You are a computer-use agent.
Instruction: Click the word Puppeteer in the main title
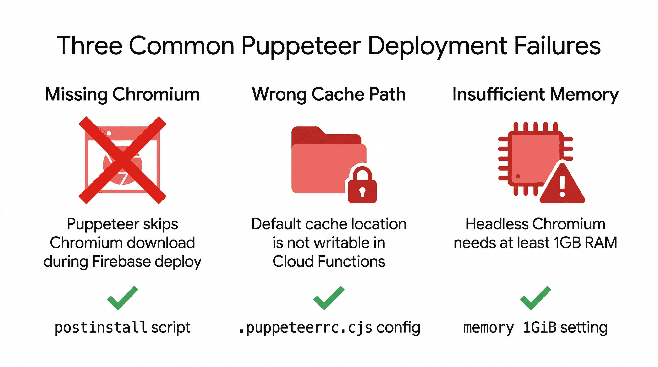(301, 46)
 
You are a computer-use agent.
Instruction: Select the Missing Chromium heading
(122, 94)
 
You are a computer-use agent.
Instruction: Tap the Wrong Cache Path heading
(329, 94)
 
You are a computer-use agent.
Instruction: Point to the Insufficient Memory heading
(535, 94)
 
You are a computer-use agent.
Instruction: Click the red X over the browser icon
(122, 160)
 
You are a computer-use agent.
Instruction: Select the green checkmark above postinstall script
(122, 298)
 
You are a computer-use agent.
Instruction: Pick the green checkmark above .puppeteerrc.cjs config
(329, 298)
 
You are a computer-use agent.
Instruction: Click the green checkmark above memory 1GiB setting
(535, 298)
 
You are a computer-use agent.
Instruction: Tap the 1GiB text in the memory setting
(539, 327)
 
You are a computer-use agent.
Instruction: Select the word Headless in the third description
(497, 224)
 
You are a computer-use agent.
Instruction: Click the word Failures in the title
(557, 46)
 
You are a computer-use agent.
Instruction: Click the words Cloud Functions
(329, 262)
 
